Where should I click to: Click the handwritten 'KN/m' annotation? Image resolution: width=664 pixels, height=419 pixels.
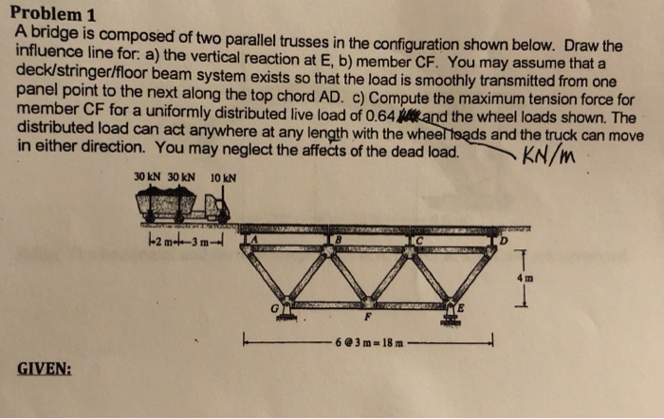tap(549, 155)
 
